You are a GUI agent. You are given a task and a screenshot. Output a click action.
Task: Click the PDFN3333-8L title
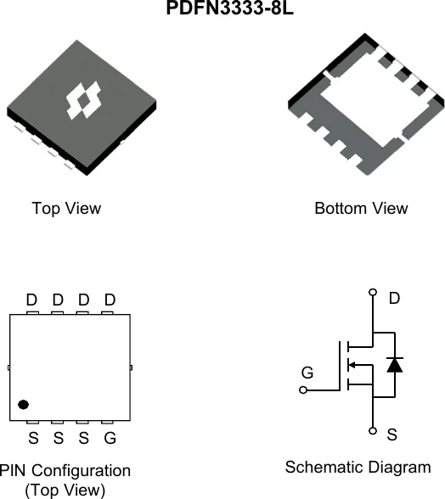point(229,8)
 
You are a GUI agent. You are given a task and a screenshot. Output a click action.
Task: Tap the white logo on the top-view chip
point(84,100)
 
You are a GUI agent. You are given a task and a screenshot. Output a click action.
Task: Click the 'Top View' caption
point(66,209)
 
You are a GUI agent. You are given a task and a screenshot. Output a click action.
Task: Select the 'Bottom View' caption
point(361,209)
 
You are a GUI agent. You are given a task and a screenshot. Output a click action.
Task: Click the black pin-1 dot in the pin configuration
point(23,405)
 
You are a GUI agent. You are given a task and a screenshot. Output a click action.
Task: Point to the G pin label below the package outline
point(110,438)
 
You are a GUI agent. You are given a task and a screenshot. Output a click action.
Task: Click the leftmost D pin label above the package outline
point(31,300)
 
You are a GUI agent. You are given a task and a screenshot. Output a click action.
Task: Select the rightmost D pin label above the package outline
point(110,300)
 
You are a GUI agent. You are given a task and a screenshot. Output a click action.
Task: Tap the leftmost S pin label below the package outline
point(33,438)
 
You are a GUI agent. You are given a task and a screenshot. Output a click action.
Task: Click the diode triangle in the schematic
point(395,365)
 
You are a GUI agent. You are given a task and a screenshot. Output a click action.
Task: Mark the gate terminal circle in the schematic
point(303,390)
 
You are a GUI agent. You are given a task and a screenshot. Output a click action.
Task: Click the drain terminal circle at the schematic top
point(373,292)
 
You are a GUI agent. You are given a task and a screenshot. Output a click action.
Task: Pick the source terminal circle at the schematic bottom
point(373,431)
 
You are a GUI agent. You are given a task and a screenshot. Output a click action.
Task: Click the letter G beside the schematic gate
point(307,373)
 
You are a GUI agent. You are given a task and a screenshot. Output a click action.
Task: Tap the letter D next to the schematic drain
point(394,299)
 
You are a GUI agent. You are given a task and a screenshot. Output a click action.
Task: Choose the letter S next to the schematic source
point(392,435)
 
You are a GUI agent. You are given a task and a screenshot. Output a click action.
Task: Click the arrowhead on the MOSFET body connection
point(352,365)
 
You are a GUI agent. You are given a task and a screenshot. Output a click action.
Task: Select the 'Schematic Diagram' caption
point(358,467)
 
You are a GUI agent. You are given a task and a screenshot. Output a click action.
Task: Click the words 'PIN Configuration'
point(65,471)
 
